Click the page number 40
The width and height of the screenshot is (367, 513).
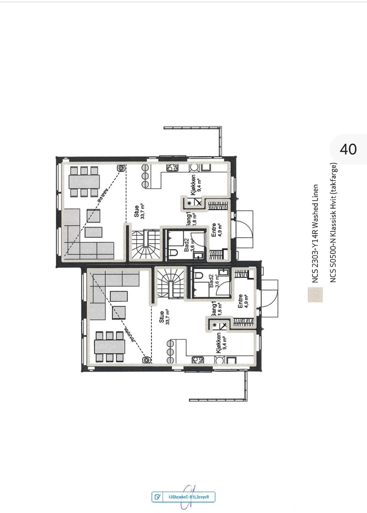coord(348,149)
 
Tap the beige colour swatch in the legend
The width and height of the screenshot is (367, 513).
coord(315,295)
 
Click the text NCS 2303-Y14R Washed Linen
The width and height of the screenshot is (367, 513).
coord(316,234)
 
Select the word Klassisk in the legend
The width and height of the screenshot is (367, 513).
coord(333,228)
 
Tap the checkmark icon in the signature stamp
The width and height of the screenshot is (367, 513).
coord(157,497)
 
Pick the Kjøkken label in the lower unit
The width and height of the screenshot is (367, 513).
coord(219,343)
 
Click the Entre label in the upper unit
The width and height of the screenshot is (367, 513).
coord(214,230)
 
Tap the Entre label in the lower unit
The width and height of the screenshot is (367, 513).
coord(240,301)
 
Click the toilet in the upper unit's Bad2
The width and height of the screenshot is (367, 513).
coord(173,253)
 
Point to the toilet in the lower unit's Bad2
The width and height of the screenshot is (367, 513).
coord(198,275)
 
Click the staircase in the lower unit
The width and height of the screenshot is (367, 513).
coord(171,283)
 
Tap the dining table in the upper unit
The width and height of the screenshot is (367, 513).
coord(84,182)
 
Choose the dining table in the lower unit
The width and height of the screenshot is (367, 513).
coord(109,347)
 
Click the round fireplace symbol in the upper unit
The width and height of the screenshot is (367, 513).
coord(121,168)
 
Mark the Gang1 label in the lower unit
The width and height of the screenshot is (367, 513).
coord(214,308)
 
